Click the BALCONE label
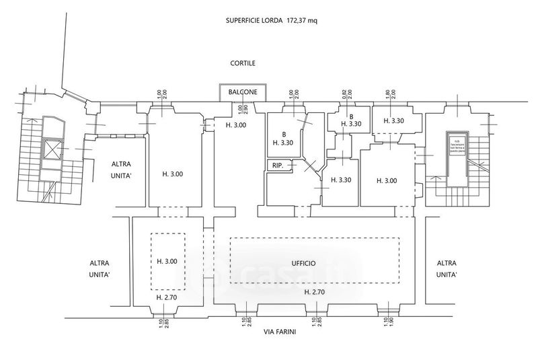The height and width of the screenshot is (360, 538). pyautogui.click(x=241, y=92)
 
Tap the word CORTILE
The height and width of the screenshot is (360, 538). pyautogui.click(x=241, y=63)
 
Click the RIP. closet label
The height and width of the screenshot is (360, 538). pyautogui.click(x=277, y=166)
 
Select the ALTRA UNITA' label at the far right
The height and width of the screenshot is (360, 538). pyautogui.click(x=447, y=269)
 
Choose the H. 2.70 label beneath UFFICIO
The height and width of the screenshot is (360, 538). pyautogui.click(x=315, y=292)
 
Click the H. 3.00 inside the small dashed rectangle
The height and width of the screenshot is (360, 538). pyautogui.click(x=167, y=262)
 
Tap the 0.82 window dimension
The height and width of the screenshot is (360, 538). pyautogui.click(x=345, y=95)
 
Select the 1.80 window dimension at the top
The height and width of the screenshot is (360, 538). pyautogui.click(x=388, y=95)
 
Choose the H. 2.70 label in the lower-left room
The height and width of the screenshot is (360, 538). pyautogui.click(x=166, y=297)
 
